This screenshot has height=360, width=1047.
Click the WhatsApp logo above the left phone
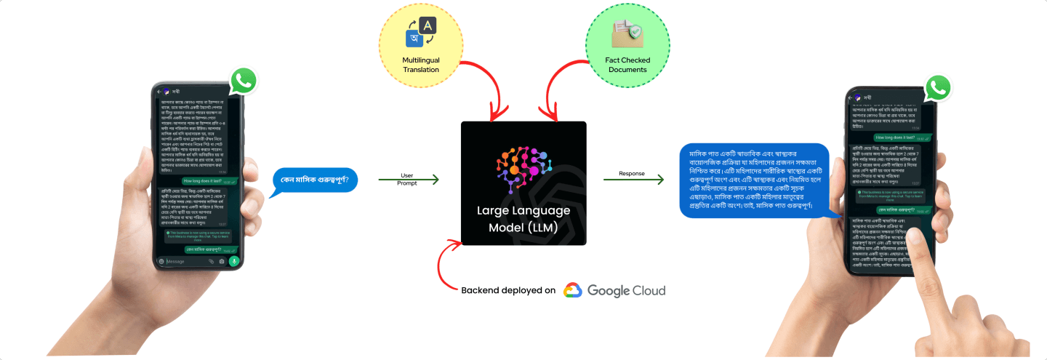pos(243,81)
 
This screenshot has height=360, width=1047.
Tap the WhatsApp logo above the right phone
pos(939,88)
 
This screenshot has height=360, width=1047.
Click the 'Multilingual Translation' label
pos(421,65)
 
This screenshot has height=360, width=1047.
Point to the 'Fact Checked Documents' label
pos(627,65)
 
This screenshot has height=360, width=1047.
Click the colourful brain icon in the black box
pos(523,167)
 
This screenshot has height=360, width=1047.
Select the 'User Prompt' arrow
pos(408,179)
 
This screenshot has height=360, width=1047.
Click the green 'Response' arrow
pos(633,179)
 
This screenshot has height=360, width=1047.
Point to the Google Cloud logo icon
pos(572,290)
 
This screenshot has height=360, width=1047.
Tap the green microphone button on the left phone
pos(234,260)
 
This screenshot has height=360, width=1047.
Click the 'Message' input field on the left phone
pos(186,261)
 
